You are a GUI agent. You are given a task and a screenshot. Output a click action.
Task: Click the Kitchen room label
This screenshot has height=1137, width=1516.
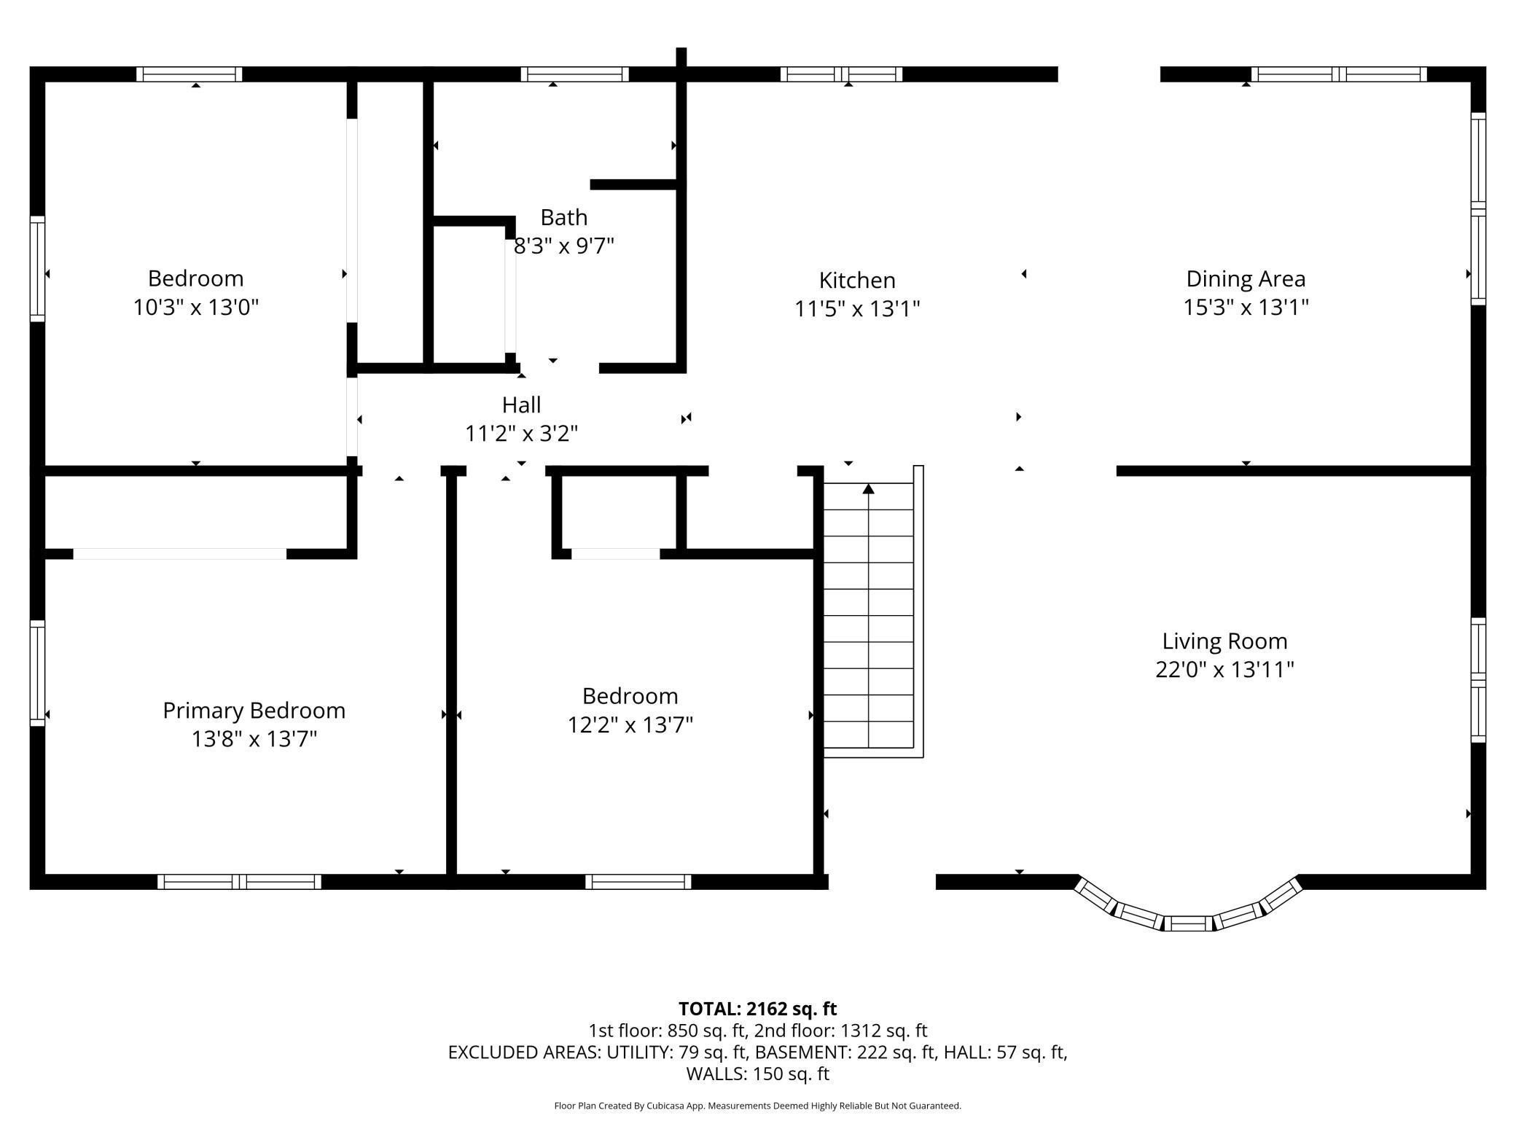pos(857,281)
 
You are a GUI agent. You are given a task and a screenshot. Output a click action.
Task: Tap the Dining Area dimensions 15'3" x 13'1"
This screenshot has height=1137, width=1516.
pos(1246,308)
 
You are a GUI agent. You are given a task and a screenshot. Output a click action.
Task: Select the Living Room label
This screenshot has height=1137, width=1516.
pos(1224,641)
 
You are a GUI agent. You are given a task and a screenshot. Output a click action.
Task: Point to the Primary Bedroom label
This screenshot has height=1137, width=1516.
pos(254,711)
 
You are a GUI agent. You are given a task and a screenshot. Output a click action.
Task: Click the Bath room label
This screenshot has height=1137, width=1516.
pos(564,217)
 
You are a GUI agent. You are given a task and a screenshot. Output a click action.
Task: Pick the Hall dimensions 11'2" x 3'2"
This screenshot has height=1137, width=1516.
pos(522,434)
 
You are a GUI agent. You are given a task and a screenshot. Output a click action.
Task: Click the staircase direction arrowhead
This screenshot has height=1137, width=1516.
pos(868,488)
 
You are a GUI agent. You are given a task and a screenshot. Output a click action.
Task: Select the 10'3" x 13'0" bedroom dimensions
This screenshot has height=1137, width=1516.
pos(196,308)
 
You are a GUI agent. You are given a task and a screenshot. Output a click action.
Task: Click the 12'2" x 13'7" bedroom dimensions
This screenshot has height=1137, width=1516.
pos(630,725)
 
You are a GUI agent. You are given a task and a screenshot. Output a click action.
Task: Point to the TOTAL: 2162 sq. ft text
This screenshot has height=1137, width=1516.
pos(758,1009)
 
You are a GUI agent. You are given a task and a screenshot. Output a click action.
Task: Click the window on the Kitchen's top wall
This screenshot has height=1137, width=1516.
pos(841,74)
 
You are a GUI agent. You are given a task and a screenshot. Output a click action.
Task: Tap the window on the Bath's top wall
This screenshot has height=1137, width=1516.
pos(574,74)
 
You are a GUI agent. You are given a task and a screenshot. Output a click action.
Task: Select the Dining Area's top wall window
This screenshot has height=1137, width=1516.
pos(1339,74)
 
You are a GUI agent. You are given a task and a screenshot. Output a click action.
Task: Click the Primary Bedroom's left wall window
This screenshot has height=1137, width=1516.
pos(37,673)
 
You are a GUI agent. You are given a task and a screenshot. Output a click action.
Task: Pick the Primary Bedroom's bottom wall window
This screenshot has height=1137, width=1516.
pos(239,882)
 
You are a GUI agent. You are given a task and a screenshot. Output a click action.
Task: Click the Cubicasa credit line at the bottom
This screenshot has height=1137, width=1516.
pos(758,1106)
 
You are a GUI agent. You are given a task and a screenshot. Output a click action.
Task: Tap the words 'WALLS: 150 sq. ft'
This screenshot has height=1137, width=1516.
pos(758,1074)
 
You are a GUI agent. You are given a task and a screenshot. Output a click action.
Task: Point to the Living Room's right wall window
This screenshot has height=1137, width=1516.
pos(1478,680)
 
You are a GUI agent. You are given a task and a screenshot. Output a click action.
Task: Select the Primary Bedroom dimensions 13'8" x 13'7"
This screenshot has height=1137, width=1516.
pos(254,740)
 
